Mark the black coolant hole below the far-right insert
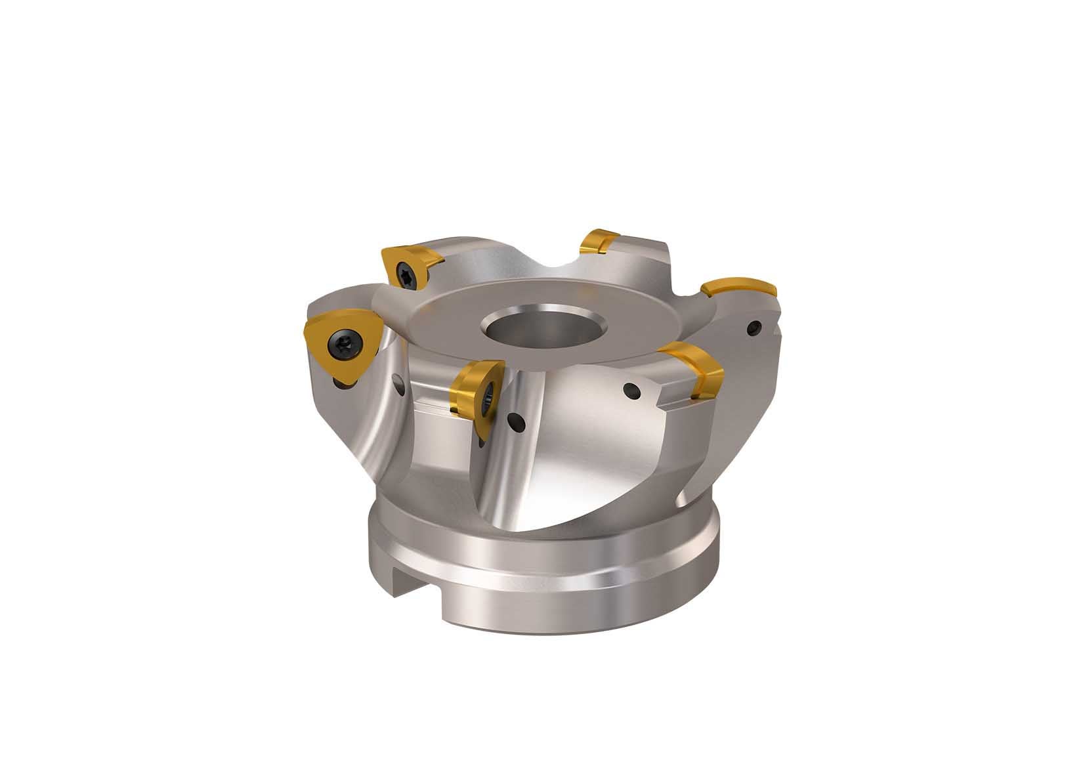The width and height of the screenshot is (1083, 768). coord(756,325)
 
